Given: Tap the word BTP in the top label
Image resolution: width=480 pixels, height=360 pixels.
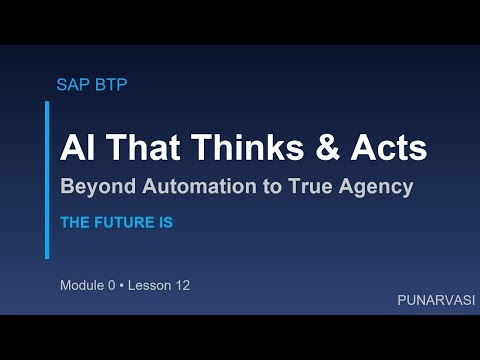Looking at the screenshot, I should (x=109, y=84).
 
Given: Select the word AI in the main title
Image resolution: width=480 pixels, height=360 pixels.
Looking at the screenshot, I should (x=76, y=148).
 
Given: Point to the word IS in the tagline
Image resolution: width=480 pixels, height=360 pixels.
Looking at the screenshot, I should (x=164, y=223).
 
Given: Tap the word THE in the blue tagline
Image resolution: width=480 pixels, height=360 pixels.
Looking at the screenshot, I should (x=75, y=223).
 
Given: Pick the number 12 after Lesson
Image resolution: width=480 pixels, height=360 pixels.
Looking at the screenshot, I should (x=182, y=285).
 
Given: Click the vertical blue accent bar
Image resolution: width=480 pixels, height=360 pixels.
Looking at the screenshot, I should (x=47, y=180).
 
